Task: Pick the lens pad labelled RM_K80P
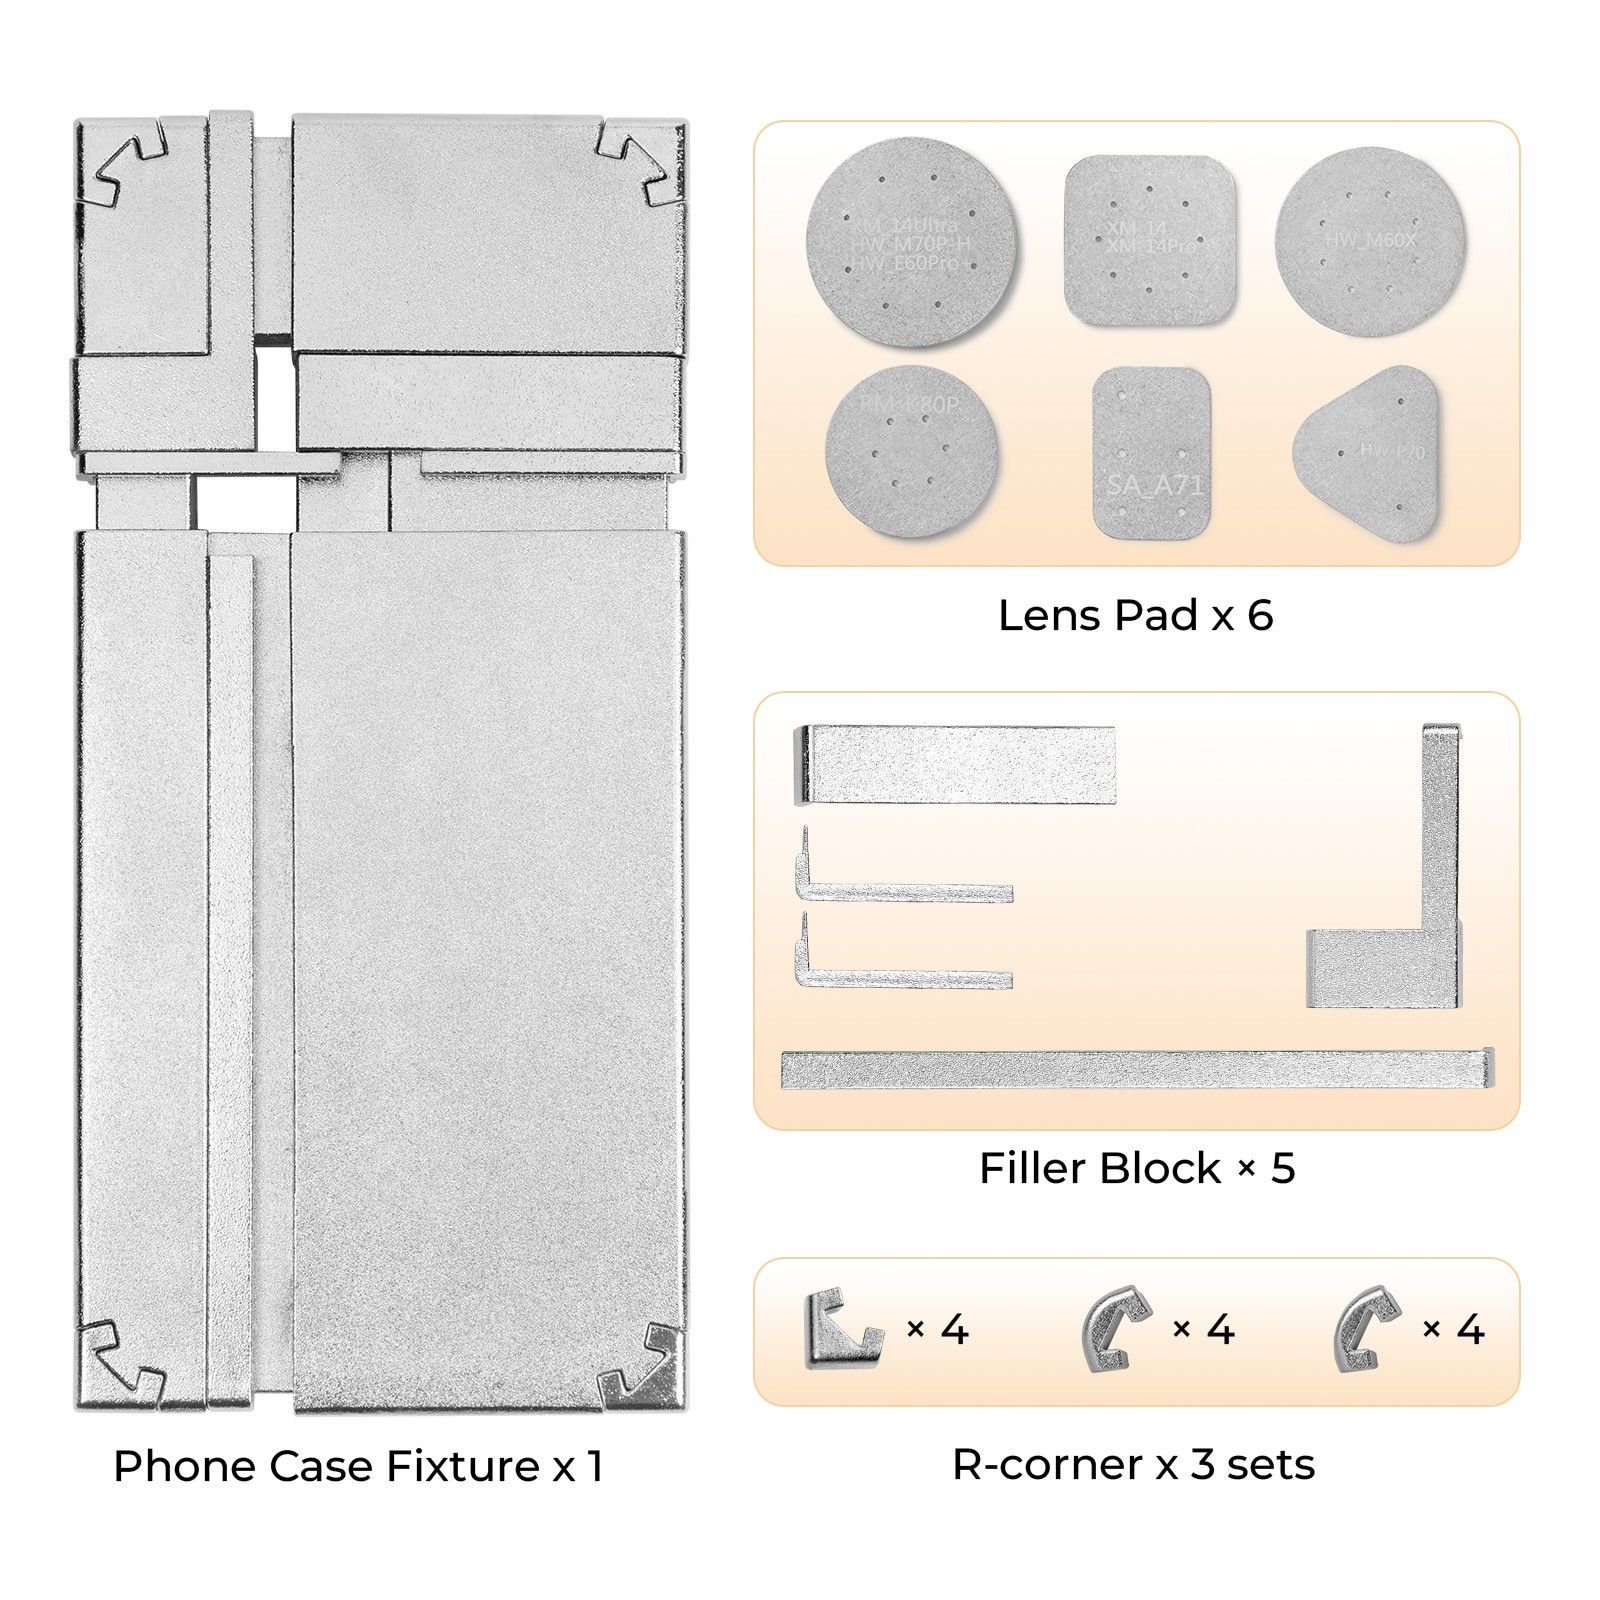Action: click(x=911, y=450)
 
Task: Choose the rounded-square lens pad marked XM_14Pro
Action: click(x=1150, y=240)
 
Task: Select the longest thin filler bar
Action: click(x=1137, y=1069)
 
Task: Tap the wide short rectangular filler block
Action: click(x=955, y=765)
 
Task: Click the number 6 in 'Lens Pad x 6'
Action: click(x=1260, y=616)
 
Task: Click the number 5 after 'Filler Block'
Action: click(x=1282, y=1168)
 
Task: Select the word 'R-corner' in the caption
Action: click(x=1047, y=1465)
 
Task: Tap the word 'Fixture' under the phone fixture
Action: click(x=463, y=1466)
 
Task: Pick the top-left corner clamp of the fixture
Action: click(x=130, y=165)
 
